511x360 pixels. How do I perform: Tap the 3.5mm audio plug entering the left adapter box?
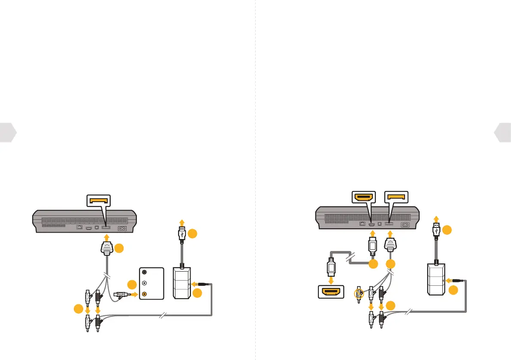tap(205, 284)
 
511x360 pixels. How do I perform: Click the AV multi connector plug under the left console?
tap(106, 249)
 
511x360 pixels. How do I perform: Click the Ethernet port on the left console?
tap(79, 228)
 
